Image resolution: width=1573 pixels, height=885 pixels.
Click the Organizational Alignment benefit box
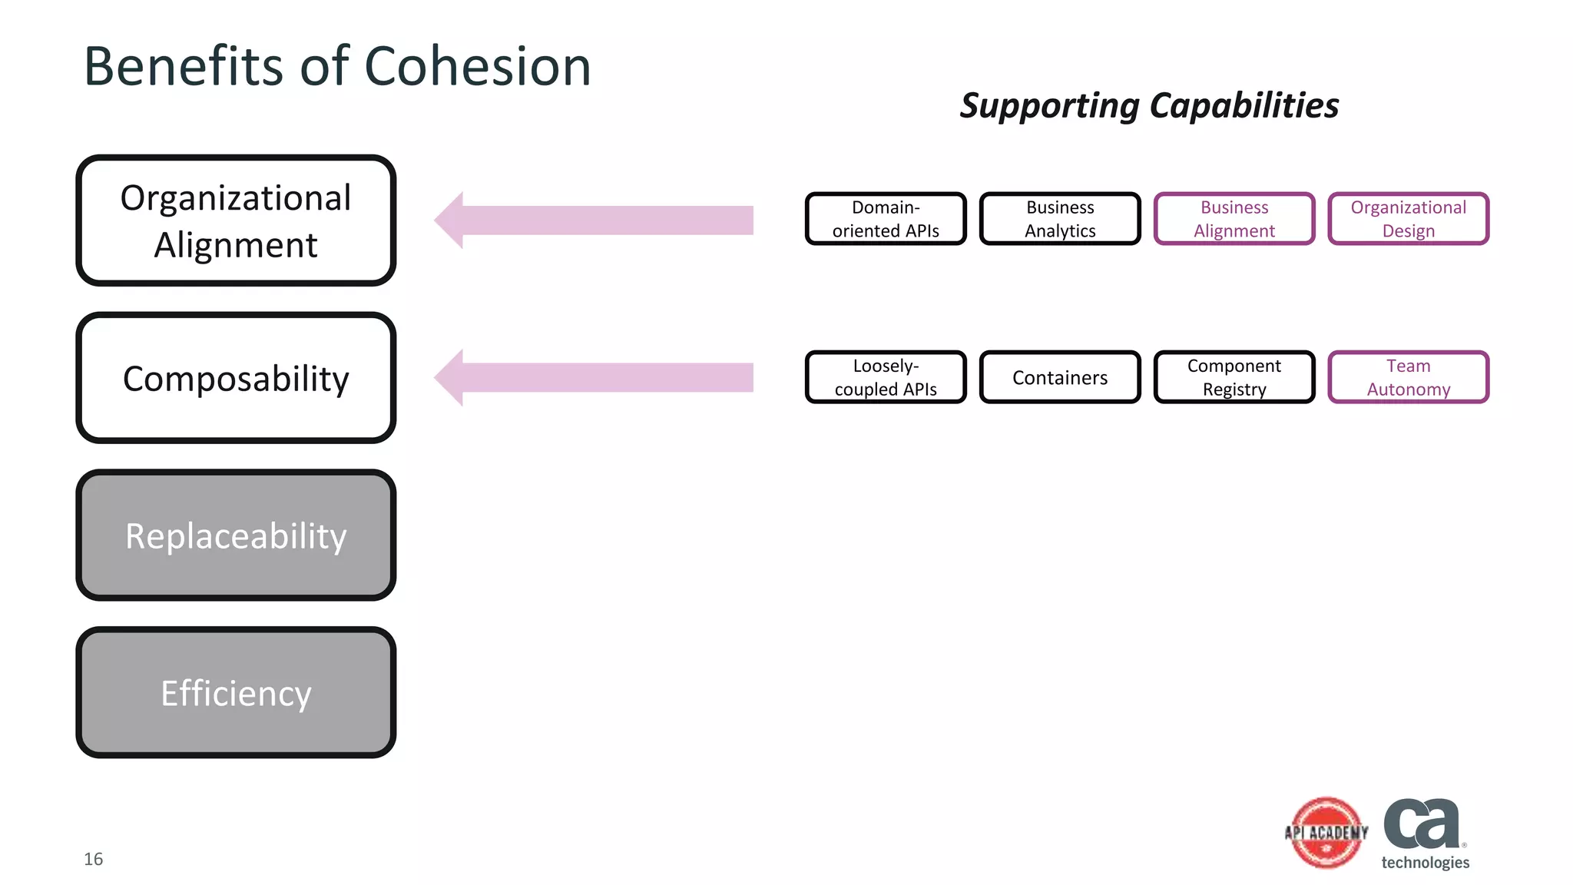[x=236, y=220]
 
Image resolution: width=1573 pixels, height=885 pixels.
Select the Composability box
[x=236, y=378]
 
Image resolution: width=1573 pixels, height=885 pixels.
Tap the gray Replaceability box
[x=236, y=535]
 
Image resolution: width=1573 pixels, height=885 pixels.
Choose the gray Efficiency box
[x=236, y=693]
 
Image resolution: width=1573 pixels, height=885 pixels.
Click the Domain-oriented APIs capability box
[x=886, y=219]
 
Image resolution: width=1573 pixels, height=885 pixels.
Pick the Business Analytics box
[x=1060, y=219]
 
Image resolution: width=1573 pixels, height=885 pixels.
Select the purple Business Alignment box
[x=1234, y=219]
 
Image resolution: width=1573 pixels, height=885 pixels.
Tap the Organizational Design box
[x=1408, y=219]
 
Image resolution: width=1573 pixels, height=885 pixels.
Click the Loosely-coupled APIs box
[x=886, y=377]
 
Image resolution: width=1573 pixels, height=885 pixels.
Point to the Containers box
[x=1060, y=377]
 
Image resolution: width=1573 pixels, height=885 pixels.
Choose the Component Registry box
[x=1234, y=377]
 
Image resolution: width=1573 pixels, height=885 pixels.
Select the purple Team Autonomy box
[x=1408, y=377]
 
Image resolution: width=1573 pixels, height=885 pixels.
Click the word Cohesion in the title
[x=477, y=66]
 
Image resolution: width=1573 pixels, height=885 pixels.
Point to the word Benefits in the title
[x=184, y=66]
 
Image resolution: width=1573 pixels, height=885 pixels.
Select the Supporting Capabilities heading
[x=1149, y=105]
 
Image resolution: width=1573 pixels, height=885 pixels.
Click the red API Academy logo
[x=1326, y=833]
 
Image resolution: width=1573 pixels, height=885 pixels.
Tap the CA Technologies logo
[x=1425, y=834]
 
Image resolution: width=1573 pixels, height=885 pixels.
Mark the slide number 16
[x=94, y=859]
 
